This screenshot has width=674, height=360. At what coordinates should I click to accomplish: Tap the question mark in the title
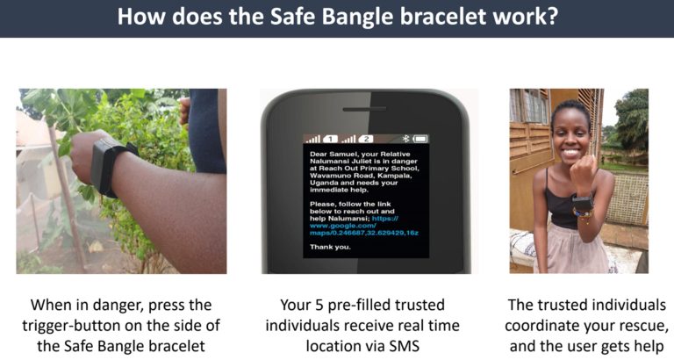[552, 16]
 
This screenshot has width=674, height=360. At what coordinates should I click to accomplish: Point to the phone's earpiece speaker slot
[364, 109]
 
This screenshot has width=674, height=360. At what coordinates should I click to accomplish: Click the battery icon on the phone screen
[420, 139]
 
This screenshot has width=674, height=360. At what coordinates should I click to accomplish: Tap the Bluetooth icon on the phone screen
[405, 139]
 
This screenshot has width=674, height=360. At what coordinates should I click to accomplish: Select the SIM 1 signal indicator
[321, 139]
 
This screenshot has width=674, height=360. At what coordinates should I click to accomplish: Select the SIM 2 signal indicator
[357, 139]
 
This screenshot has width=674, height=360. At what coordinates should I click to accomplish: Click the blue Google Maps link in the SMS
[363, 226]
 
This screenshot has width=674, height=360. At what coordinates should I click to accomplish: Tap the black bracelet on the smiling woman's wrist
[583, 202]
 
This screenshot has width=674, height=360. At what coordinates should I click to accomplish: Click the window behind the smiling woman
[529, 106]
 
